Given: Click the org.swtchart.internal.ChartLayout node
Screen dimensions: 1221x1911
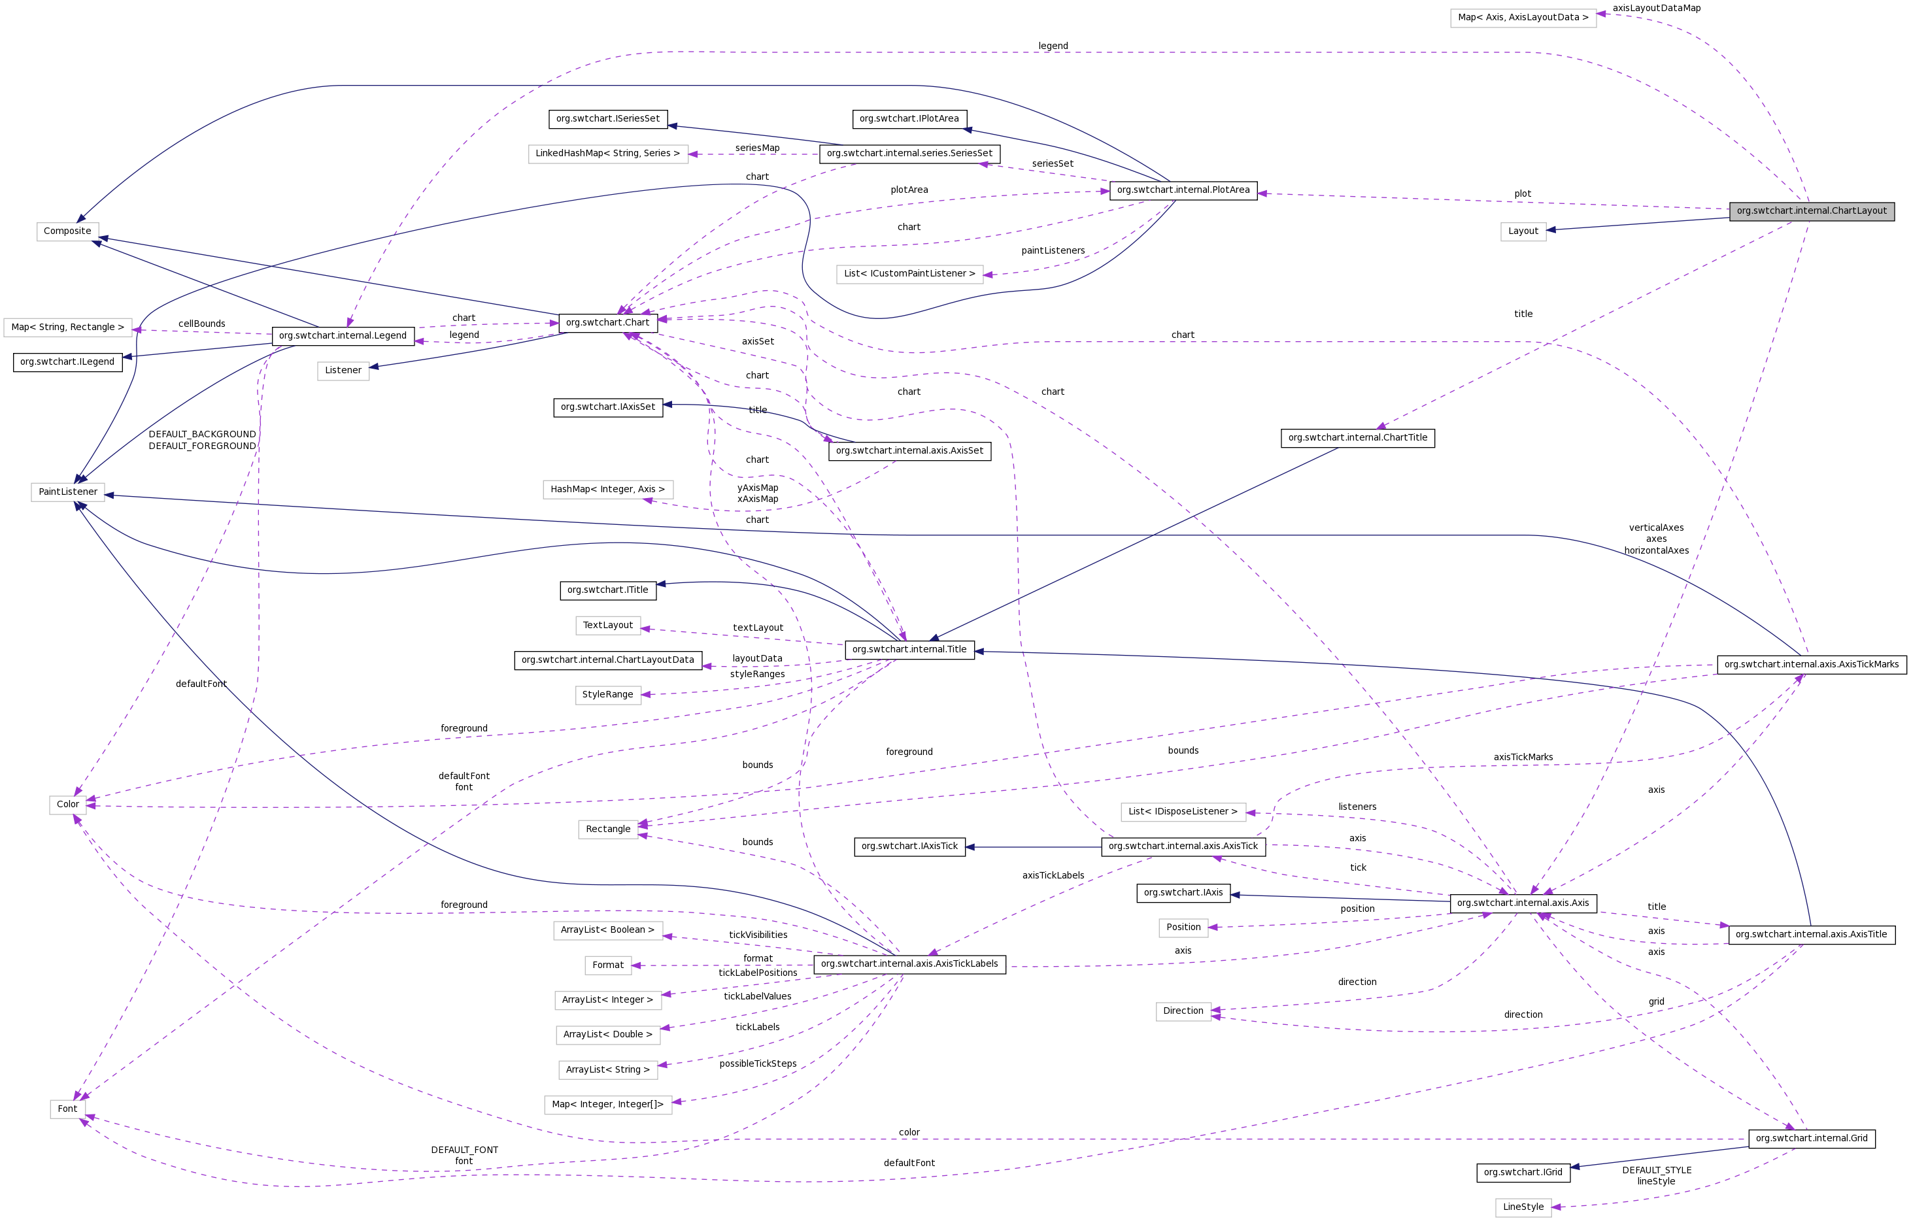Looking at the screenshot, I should (1811, 211).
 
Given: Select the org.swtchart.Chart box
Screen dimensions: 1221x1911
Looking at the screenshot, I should (607, 323).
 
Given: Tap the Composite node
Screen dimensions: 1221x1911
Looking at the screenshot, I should (67, 231).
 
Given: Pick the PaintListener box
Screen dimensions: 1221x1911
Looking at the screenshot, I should (67, 492).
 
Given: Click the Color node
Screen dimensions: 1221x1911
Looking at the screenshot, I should (67, 805).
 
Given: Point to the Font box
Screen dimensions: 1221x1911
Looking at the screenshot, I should (67, 1109).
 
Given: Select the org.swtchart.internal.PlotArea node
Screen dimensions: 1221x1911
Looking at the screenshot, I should (1183, 190).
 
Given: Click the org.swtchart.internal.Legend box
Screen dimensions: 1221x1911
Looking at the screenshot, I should (343, 335).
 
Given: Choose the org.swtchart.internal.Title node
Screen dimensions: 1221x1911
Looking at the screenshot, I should (909, 649).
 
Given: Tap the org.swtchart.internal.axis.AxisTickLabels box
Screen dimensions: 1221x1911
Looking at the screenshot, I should (909, 964).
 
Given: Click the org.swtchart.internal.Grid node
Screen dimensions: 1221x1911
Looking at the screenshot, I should (1811, 1139).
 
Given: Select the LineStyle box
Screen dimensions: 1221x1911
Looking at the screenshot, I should (1523, 1207).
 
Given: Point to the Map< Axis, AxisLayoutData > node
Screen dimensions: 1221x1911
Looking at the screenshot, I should (1523, 18).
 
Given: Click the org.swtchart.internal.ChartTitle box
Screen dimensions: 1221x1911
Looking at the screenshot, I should (1357, 438).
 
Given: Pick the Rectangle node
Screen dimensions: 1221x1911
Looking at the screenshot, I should (608, 829).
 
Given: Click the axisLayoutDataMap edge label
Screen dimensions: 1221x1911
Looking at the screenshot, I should (1656, 8).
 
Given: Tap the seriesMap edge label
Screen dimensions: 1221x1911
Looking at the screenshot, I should (757, 148).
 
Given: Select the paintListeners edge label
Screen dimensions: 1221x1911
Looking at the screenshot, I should (1053, 251).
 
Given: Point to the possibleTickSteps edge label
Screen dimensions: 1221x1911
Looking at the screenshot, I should (758, 1064).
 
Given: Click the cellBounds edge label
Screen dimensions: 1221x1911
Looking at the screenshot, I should (201, 324).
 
